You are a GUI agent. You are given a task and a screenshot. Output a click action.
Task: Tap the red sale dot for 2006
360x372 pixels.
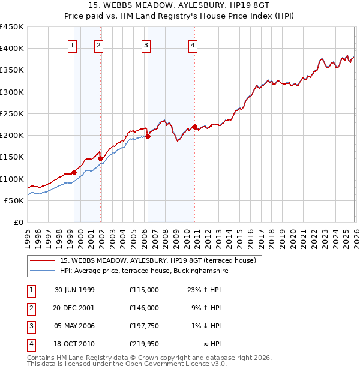148,136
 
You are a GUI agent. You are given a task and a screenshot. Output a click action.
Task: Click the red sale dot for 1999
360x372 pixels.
74,173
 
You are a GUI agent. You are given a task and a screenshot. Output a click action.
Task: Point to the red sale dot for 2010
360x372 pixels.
194,127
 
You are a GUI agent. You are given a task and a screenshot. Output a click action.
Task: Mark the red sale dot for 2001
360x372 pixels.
101,159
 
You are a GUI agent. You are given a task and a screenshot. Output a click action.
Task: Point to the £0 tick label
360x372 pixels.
18,222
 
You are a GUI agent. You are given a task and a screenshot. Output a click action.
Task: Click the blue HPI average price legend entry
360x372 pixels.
144,271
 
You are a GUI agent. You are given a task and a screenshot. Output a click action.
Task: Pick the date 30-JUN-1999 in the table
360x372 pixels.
74,290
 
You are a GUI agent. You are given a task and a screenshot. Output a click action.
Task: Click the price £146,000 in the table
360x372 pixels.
143,308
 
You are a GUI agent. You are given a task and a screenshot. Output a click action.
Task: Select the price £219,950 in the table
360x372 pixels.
143,344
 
